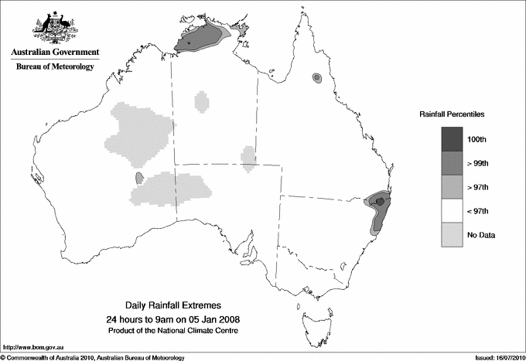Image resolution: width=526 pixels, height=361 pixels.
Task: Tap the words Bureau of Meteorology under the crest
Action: tap(55, 67)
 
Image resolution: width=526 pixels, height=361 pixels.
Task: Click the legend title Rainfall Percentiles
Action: tap(452, 114)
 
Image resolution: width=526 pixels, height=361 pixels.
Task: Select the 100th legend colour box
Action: tap(453, 139)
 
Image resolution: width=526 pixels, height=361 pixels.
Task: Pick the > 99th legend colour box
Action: tap(453, 163)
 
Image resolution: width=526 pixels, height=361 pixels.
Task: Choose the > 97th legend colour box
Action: tap(453, 187)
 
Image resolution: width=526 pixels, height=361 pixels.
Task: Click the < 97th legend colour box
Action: tap(453, 211)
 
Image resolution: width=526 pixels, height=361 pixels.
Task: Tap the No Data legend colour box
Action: tap(453, 234)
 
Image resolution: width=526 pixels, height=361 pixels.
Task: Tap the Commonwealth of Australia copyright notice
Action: tap(94, 356)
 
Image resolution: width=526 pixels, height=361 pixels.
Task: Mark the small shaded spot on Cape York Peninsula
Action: tap(316, 78)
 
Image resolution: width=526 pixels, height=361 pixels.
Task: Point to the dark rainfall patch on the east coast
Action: tap(380, 203)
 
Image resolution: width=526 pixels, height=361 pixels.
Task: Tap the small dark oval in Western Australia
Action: tap(139, 178)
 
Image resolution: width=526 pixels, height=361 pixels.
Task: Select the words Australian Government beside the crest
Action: tap(55, 53)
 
